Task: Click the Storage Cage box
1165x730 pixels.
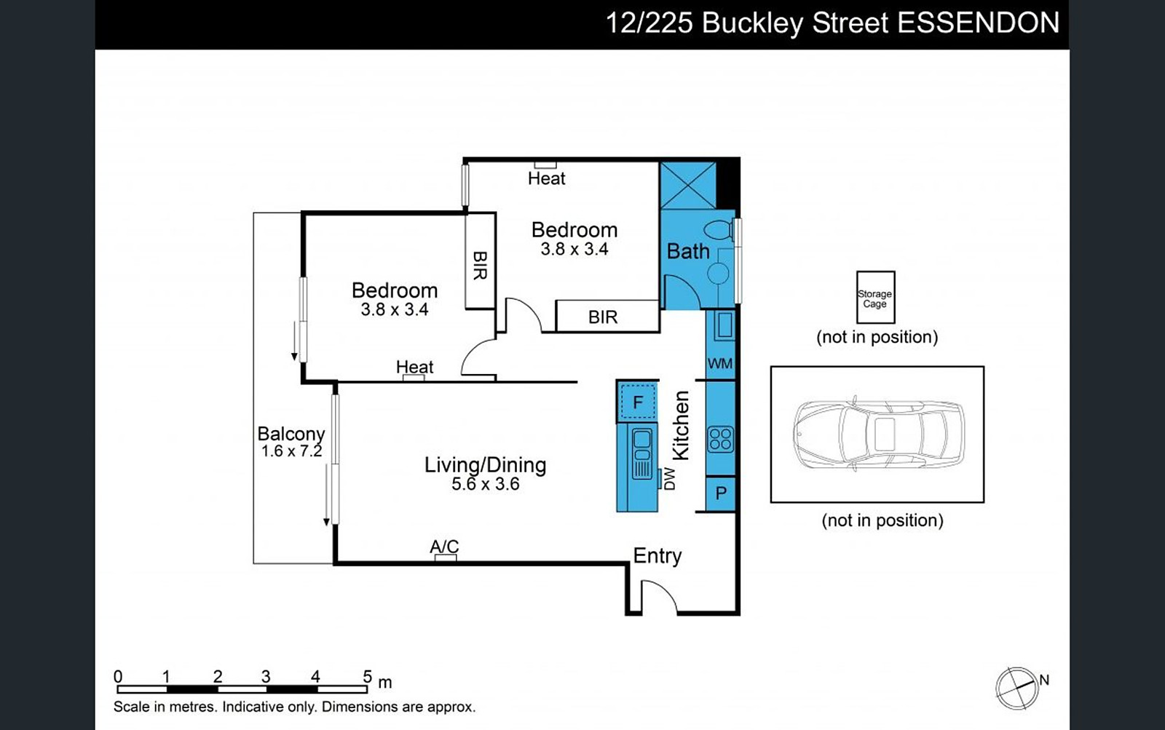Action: pos(876,298)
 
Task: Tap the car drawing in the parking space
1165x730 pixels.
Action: pos(878,435)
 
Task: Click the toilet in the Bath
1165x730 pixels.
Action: pos(719,229)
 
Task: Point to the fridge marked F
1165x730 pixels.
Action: pos(638,402)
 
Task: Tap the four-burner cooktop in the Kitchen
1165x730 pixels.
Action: pos(720,439)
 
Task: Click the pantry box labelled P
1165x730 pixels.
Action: pos(721,493)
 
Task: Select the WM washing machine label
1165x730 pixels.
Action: pos(720,363)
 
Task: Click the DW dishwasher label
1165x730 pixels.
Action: pos(670,479)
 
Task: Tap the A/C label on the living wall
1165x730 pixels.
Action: pos(444,547)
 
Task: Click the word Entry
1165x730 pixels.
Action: pos(657,556)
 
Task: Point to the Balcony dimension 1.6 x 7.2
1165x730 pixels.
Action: pos(292,451)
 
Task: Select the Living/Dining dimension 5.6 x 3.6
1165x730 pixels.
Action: pos(485,484)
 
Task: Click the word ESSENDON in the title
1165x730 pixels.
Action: pos(979,23)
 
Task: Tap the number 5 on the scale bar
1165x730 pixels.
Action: pos(367,676)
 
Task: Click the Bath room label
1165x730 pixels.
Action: pos(688,252)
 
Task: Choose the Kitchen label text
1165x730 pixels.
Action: pos(681,425)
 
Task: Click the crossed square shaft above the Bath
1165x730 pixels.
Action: pos(687,186)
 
